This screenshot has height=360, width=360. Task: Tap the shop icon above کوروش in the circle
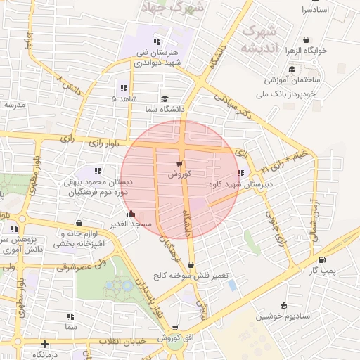(179, 164)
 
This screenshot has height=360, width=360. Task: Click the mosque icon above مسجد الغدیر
(130, 214)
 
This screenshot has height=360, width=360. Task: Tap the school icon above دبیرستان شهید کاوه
(241, 173)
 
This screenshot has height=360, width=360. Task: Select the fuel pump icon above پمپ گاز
(322, 259)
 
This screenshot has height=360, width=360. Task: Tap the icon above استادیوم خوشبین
(283, 305)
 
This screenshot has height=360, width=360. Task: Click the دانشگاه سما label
(163, 109)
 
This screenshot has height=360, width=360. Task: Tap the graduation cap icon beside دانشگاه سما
(165, 99)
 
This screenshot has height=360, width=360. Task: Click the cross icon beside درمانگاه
(44, 344)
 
